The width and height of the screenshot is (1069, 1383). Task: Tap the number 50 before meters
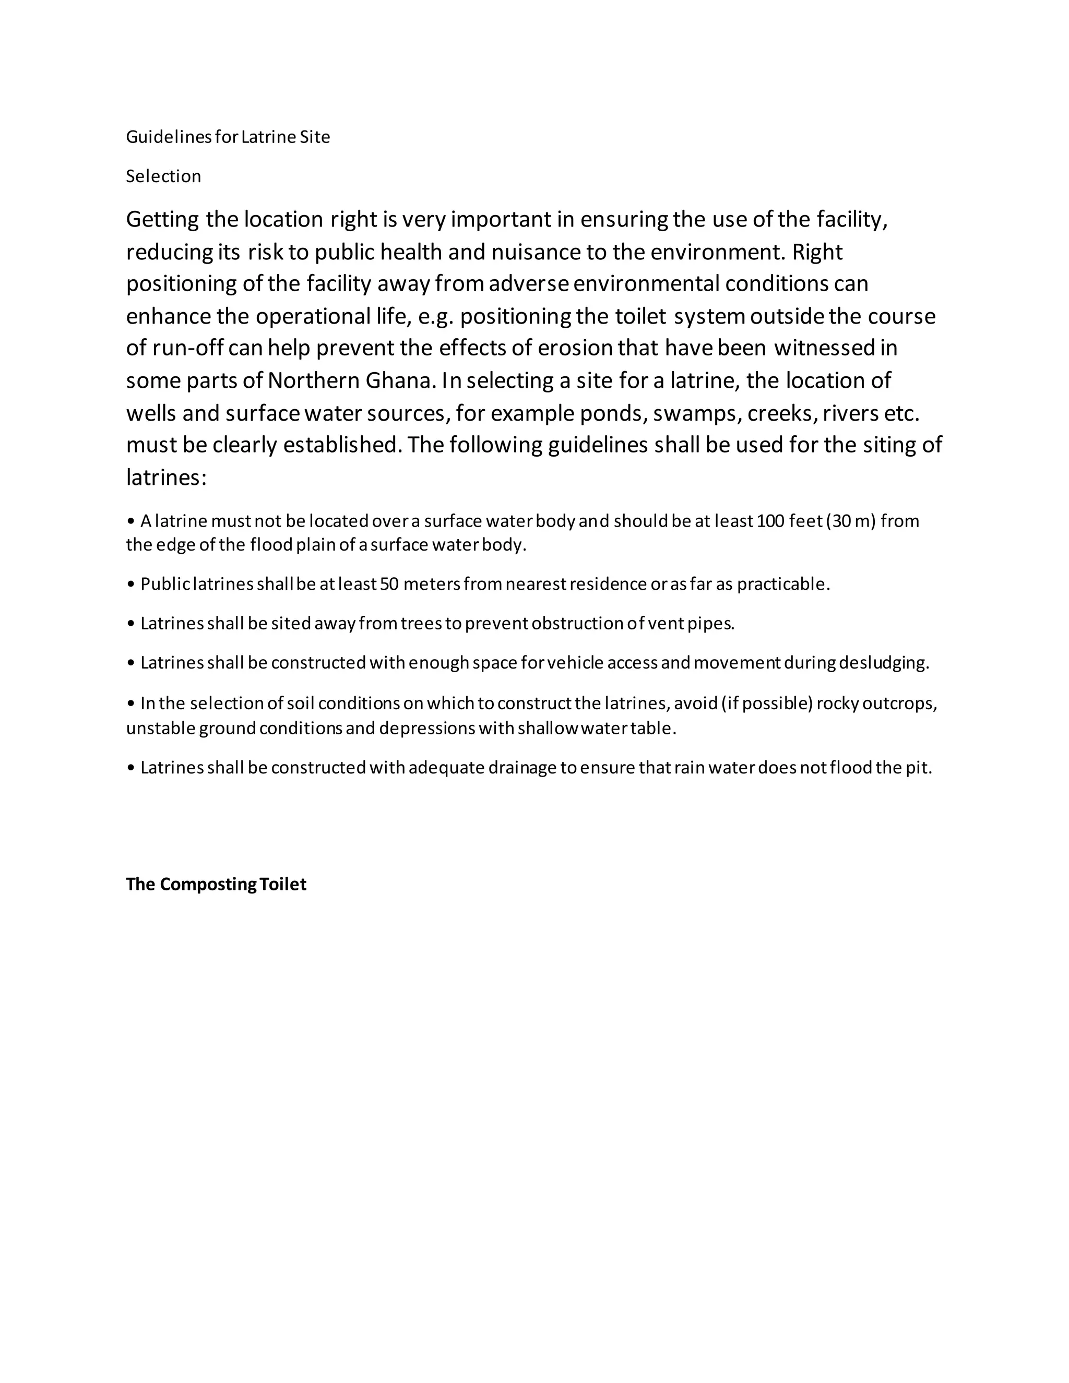click(x=389, y=584)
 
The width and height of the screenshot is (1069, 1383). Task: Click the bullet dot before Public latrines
click(x=131, y=585)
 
